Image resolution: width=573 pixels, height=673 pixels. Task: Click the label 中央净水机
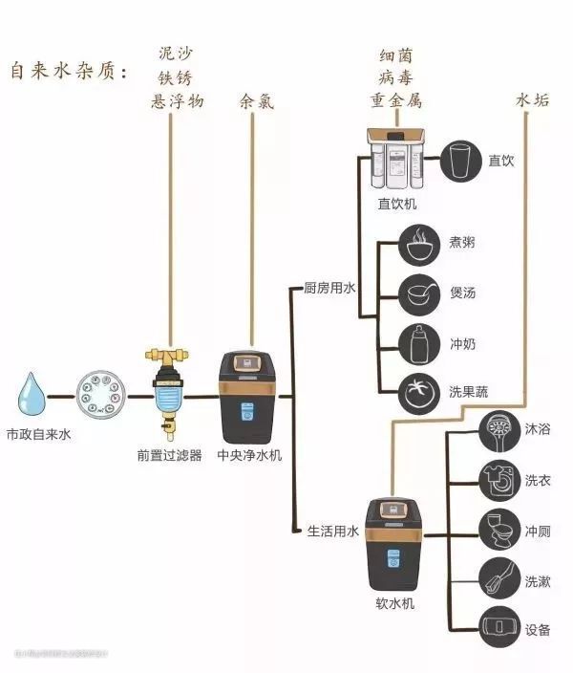[x=250, y=456]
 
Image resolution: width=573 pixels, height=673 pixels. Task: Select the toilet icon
[x=498, y=530]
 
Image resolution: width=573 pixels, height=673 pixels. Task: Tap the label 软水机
[x=394, y=604]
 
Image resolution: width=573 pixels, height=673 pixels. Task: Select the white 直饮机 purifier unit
[x=395, y=160]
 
